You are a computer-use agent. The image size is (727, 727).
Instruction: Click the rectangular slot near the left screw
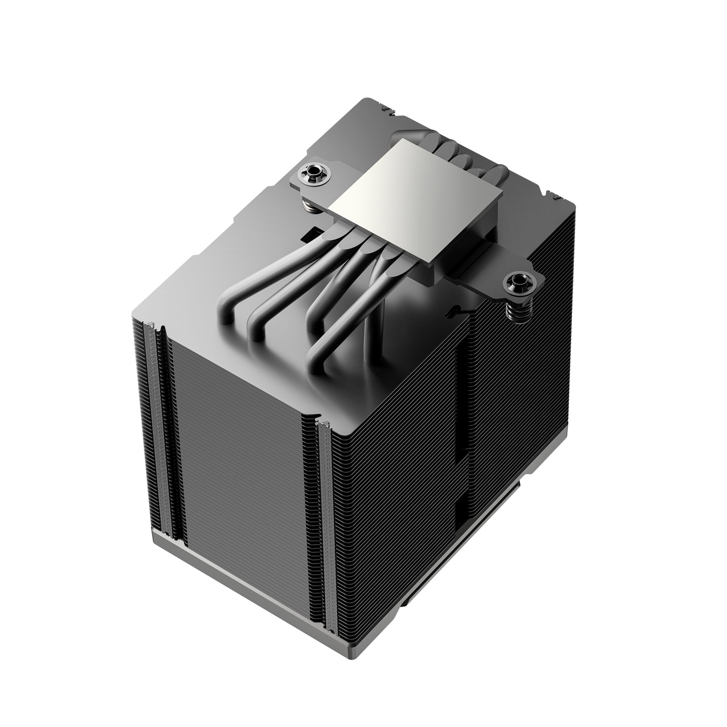(315, 232)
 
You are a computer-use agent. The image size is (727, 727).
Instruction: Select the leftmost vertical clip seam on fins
(152, 428)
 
